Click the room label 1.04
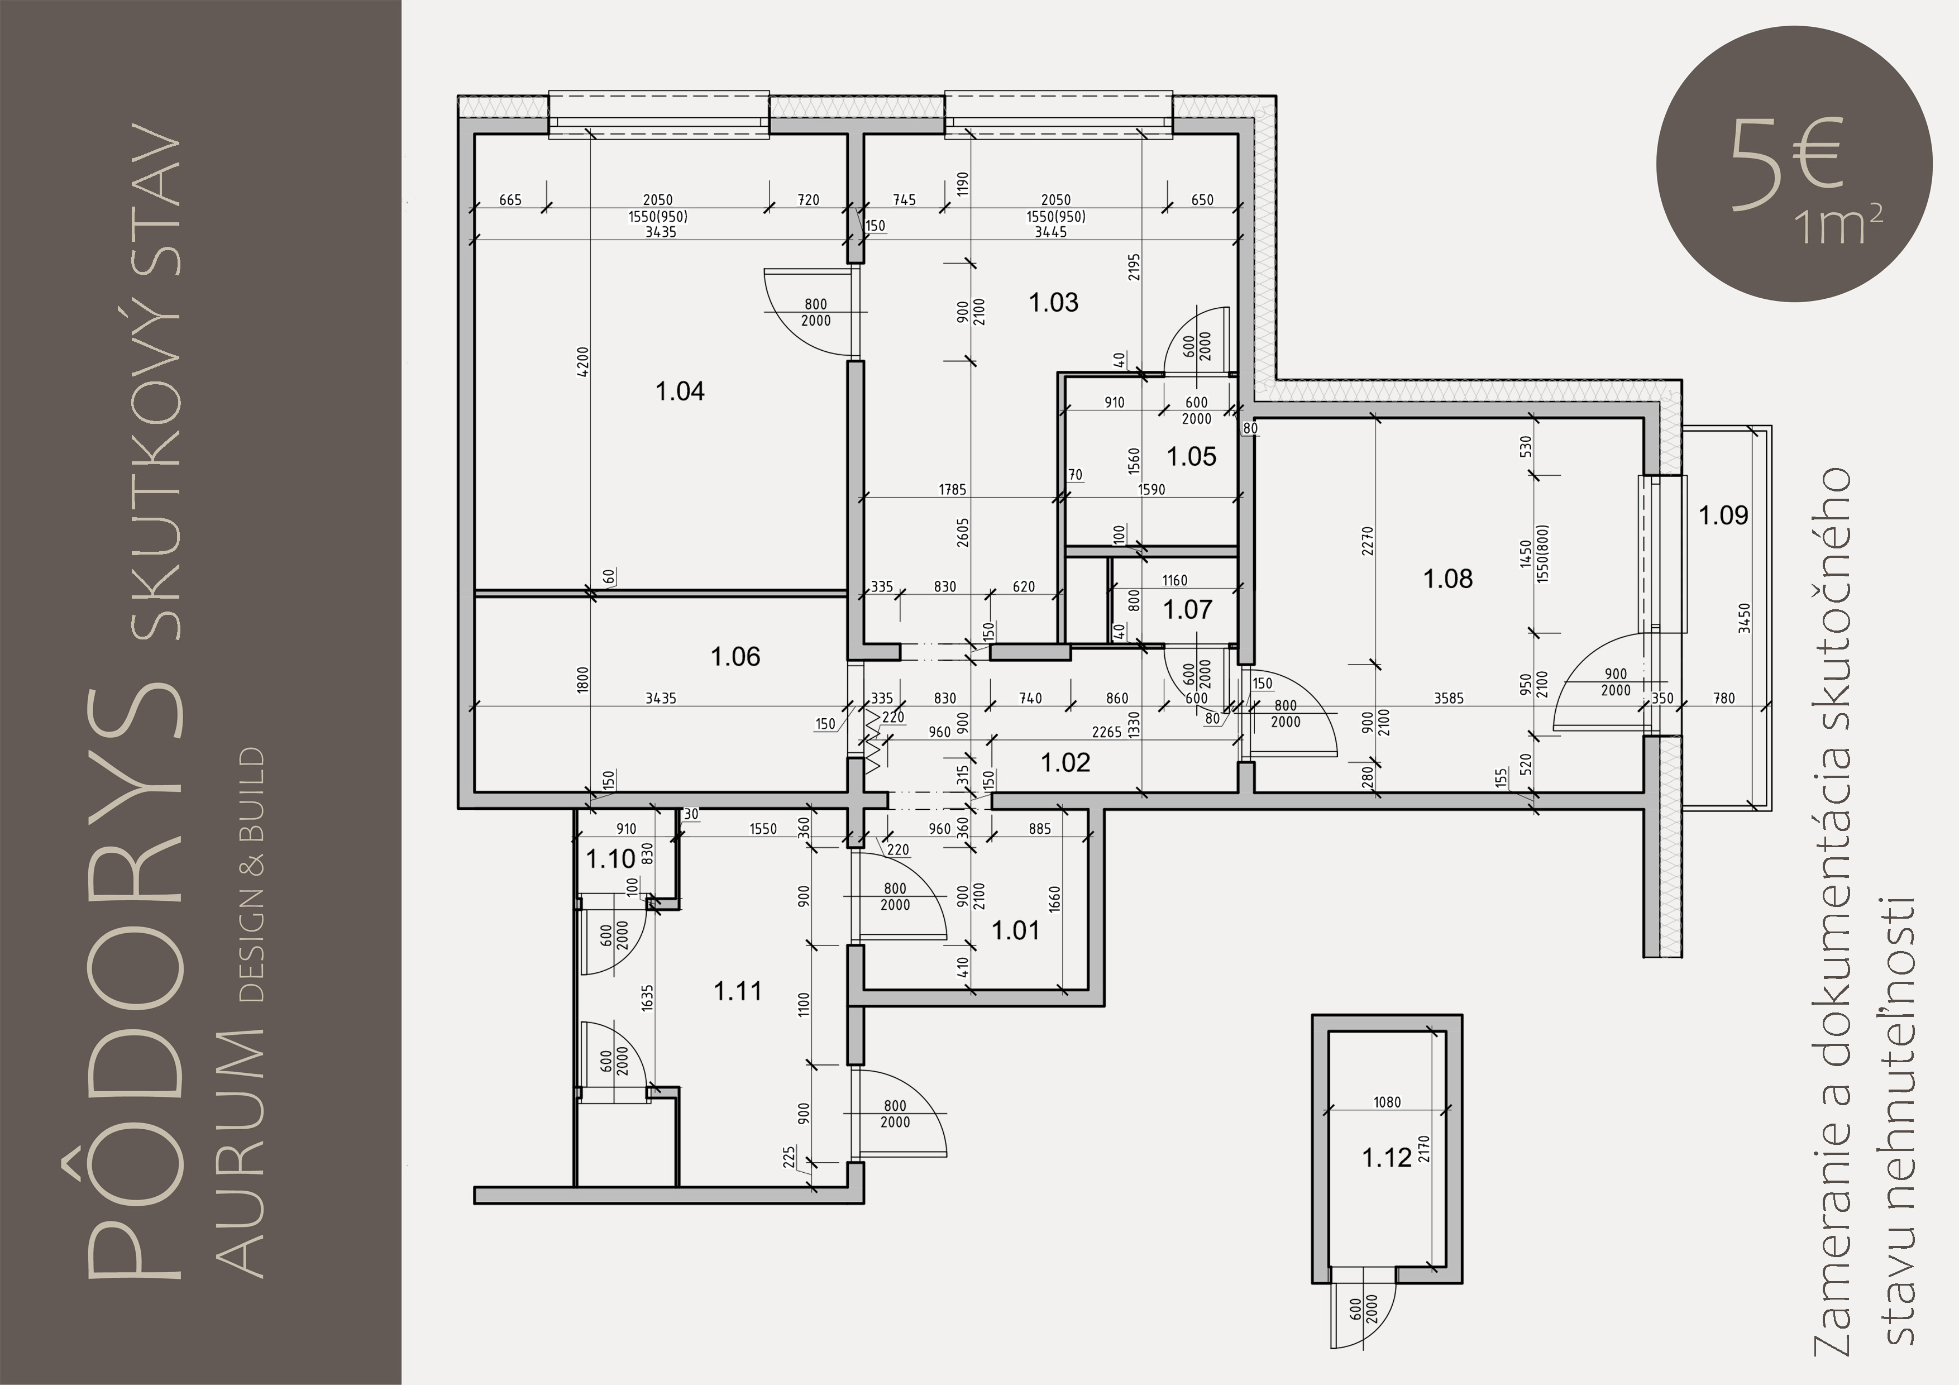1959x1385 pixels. point(680,391)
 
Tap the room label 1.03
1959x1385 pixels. point(1054,302)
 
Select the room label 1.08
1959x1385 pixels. point(1448,579)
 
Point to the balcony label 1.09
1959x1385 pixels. point(1723,515)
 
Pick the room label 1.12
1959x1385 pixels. point(1387,1158)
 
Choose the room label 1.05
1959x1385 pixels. point(1192,456)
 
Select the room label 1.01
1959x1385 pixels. point(1015,930)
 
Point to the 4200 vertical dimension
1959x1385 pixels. point(583,362)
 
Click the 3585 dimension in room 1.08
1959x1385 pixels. point(1449,698)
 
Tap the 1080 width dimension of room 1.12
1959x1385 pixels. point(1387,1102)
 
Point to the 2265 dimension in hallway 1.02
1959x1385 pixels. point(1107,732)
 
